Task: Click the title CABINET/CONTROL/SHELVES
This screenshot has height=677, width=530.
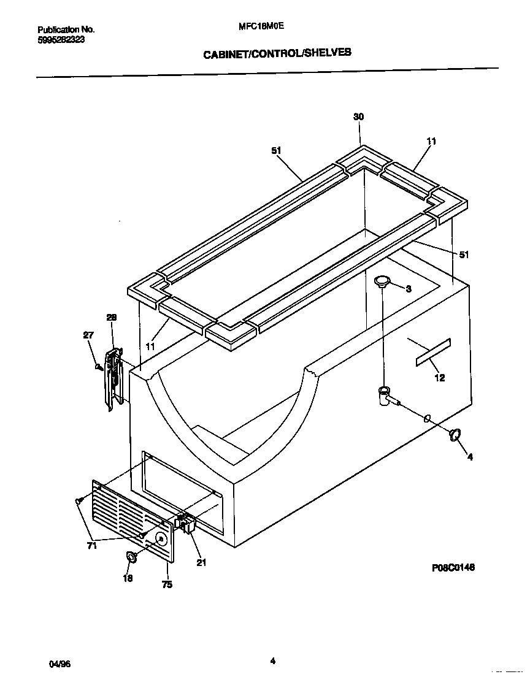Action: [277, 53]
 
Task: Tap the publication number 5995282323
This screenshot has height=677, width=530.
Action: [61, 39]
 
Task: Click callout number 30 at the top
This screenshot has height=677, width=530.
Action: [359, 134]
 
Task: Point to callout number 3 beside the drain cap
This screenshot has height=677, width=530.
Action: [409, 289]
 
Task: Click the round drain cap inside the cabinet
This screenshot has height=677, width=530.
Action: [383, 281]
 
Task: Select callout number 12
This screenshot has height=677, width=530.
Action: [440, 378]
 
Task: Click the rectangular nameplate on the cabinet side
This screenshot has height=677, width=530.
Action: [433, 352]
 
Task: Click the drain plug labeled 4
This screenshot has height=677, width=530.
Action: [455, 435]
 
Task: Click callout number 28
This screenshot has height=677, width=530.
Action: [111, 317]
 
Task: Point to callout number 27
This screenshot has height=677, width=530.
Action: [89, 335]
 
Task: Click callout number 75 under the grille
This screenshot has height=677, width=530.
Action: [167, 584]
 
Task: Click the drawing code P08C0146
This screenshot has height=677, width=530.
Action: [453, 568]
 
